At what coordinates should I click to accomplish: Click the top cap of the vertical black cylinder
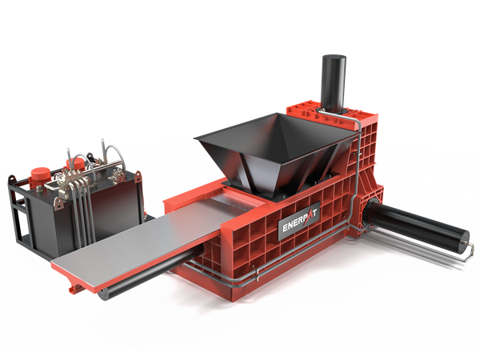[x=334, y=58]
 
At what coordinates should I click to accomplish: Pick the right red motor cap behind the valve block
[x=75, y=164]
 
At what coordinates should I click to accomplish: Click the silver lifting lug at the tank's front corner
[x=58, y=203]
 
